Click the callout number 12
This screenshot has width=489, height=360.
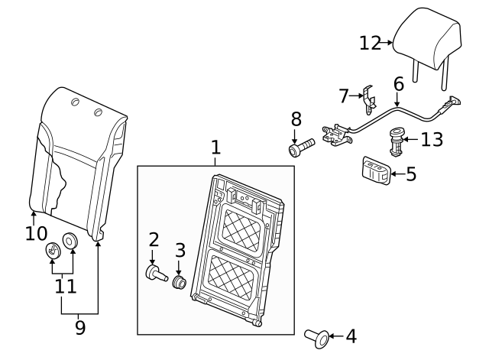point(370,43)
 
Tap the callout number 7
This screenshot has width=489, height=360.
point(343,96)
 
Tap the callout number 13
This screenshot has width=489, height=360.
point(432,139)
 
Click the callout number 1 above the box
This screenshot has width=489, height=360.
point(215,147)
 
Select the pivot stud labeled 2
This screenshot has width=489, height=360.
point(155,272)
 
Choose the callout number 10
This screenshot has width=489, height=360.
point(35,233)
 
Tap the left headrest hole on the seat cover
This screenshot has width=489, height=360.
point(74,102)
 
